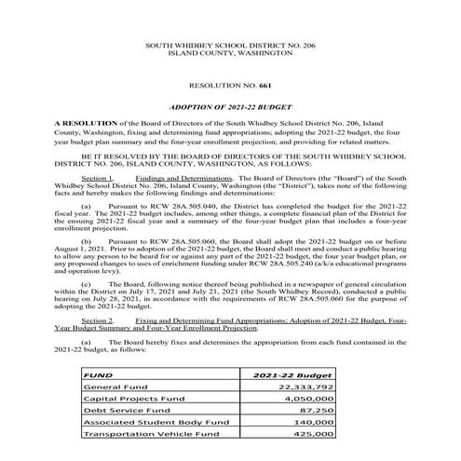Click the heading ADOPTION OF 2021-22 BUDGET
coord(229,108)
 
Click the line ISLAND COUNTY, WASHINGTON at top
coord(229,54)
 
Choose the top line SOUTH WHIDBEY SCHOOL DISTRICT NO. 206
coord(229,45)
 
